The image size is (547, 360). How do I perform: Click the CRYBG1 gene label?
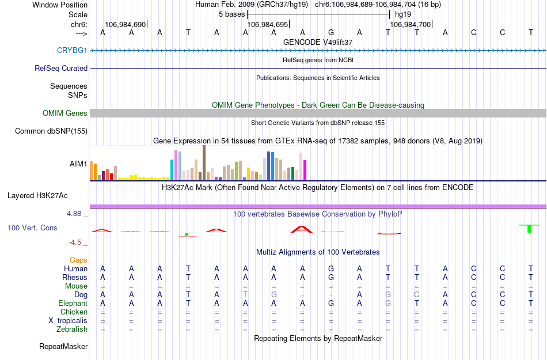click(x=72, y=50)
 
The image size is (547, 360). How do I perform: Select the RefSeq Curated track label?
click(x=61, y=68)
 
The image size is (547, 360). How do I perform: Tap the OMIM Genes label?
click(x=65, y=113)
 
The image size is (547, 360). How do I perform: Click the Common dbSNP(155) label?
click(x=51, y=131)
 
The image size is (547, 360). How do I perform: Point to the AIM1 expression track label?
click(x=78, y=164)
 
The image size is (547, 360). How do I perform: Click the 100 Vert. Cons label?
click(x=32, y=228)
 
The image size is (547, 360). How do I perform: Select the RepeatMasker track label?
click(x=63, y=347)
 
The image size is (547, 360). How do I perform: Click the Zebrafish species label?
click(x=72, y=329)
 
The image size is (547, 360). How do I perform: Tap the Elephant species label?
click(x=73, y=304)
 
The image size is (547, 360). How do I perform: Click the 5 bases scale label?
click(x=231, y=14)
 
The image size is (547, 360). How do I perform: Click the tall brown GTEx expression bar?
click(x=204, y=162)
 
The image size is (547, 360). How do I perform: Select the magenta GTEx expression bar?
click(x=305, y=169)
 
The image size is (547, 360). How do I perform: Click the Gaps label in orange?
click(x=78, y=260)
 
